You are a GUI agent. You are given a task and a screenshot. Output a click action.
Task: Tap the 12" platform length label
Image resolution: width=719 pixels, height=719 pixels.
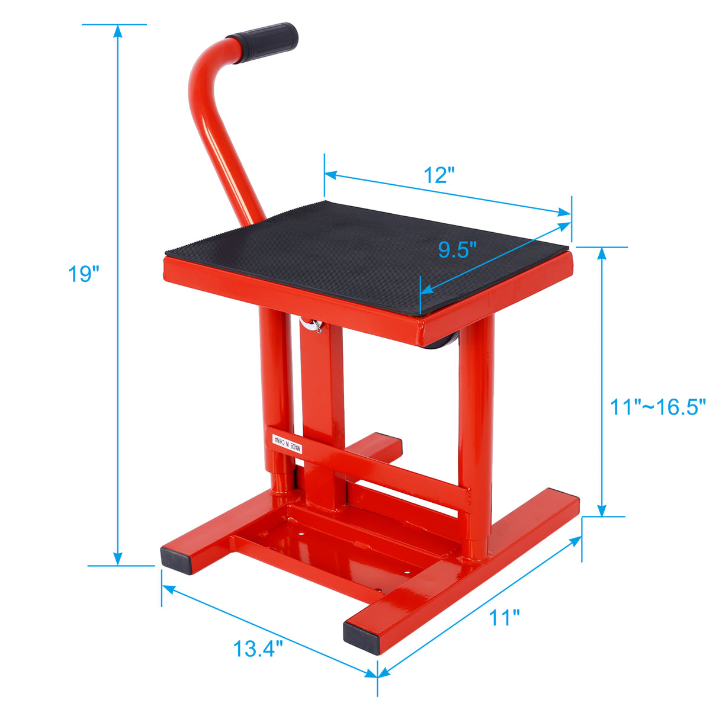(x=439, y=175)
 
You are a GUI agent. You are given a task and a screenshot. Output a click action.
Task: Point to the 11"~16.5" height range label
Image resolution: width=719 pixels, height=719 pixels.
(x=658, y=407)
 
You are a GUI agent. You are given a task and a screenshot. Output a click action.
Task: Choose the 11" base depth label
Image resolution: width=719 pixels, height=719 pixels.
(x=505, y=618)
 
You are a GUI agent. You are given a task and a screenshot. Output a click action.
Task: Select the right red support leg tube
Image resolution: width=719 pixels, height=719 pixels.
(x=476, y=426)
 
